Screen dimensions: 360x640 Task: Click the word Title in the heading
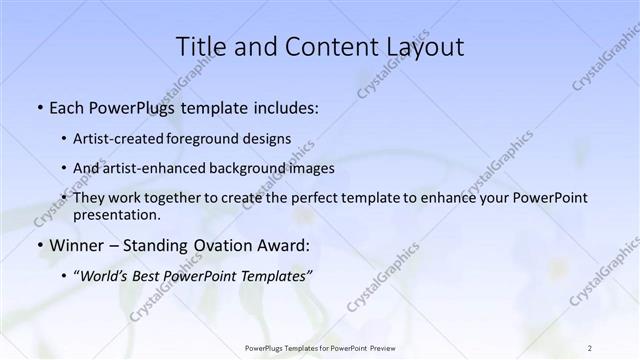tap(200, 47)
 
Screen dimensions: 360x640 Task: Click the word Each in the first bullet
tap(67, 107)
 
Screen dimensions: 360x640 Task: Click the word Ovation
tap(227, 245)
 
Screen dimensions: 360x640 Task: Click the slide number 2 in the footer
tap(590, 348)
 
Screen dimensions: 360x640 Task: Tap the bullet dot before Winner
tap(39, 246)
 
